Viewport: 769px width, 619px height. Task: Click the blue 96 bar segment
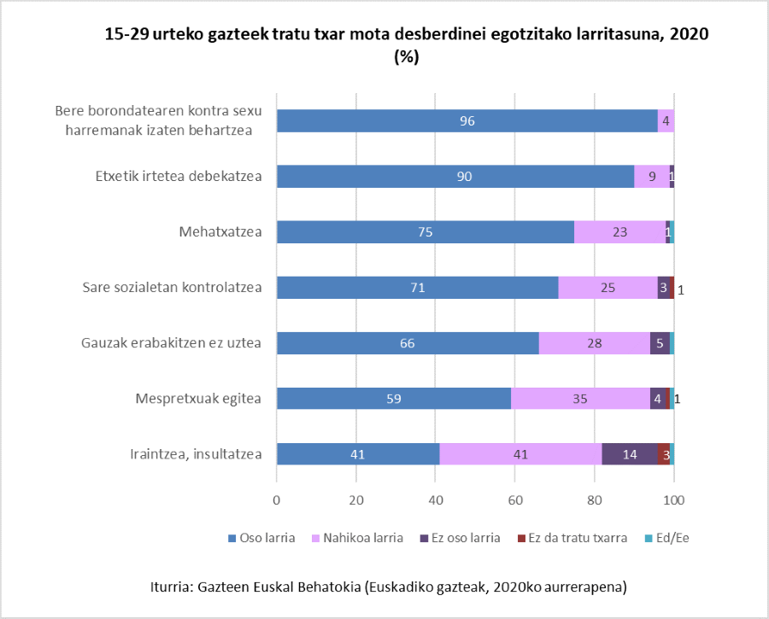point(467,120)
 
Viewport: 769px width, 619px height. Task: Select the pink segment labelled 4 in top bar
point(666,120)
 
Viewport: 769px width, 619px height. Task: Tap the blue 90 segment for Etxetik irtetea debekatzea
point(455,176)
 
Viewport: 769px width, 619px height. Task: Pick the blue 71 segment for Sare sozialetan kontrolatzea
point(417,288)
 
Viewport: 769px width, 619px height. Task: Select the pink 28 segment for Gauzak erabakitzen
point(595,343)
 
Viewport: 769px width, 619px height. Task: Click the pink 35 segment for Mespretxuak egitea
point(580,399)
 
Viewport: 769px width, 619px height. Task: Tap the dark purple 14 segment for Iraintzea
point(630,454)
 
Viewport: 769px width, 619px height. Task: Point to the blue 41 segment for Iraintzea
point(358,454)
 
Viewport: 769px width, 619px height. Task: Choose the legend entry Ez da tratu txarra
point(577,538)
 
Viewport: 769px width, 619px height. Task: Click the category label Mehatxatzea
point(220,231)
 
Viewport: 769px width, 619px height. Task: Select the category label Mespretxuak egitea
point(198,399)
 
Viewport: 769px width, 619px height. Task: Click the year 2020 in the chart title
point(690,34)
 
